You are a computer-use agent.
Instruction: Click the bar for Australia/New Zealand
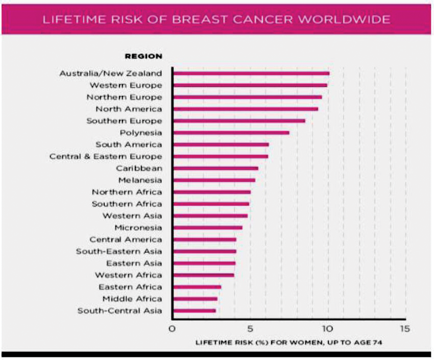pyautogui.click(x=251, y=74)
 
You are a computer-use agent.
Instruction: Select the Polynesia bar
pyautogui.click(x=231, y=133)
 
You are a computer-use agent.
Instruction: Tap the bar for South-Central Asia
pyautogui.click(x=195, y=310)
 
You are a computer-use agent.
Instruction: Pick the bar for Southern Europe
pyautogui.click(x=239, y=121)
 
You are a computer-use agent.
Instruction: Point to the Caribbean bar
pyautogui.click(x=215, y=168)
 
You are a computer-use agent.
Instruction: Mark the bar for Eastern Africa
pyautogui.click(x=197, y=287)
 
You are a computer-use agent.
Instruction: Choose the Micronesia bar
pyautogui.click(x=208, y=228)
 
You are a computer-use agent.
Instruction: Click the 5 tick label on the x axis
pyautogui.click(x=250, y=328)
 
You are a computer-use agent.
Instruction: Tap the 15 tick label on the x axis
pyautogui.click(x=405, y=328)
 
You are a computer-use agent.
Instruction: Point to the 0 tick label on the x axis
pyautogui.click(x=173, y=328)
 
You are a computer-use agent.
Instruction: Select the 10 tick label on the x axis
pyautogui.click(x=327, y=328)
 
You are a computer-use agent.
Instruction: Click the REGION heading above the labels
pyautogui.click(x=143, y=56)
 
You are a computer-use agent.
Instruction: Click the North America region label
pyautogui.click(x=129, y=109)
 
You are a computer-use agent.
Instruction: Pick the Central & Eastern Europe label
pyautogui.click(x=106, y=156)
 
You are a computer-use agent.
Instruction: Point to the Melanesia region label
pyautogui.click(x=140, y=180)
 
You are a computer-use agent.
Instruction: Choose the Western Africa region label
pyautogui.click(x=129, y=275)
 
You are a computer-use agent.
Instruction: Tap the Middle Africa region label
pyautogui.click(x=132, y=299)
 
